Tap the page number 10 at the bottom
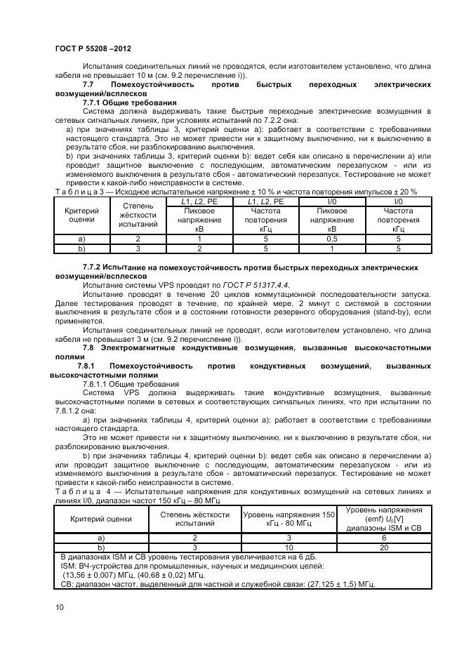coord(59,608)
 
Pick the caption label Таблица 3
coord(79,192)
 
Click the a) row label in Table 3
coord(81,239)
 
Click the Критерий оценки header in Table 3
coord(81,215)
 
